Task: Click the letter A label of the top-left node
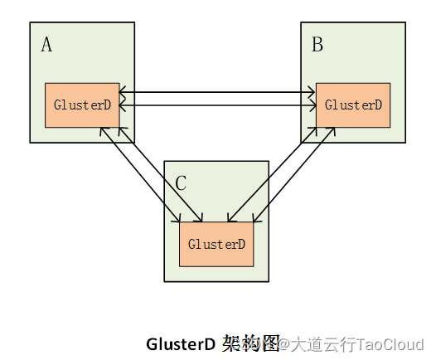coord(46,45)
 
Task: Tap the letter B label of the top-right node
coord(317,45)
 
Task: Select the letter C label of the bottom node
coord(181,183)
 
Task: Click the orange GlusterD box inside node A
coord(82,105)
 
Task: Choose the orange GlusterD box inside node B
coord(353,105)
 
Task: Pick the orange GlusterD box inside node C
coord(216,245)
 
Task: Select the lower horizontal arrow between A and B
coord(217,105)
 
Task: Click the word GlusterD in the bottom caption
coord(181,343)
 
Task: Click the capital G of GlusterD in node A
coord(57,105)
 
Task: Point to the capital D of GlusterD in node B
coord(377,105)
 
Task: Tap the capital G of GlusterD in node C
coord(192,245)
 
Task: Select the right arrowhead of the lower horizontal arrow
coord(312,105)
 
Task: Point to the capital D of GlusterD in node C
coord(241,245)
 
